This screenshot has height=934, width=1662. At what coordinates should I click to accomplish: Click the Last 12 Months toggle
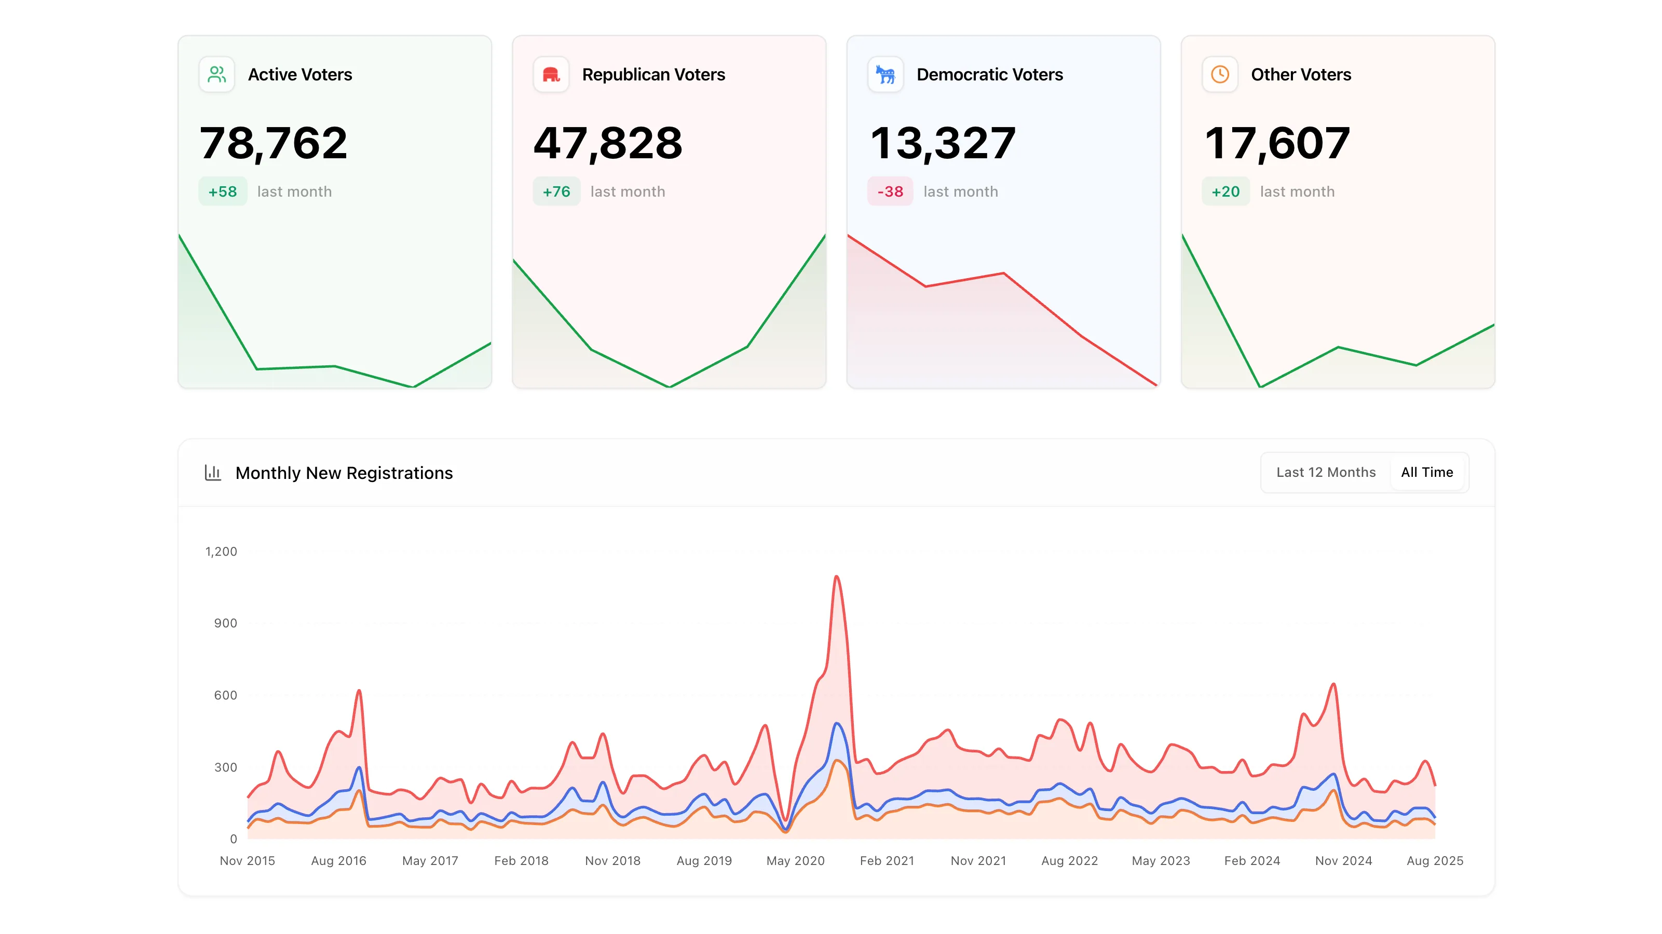click(x=1325, y=472)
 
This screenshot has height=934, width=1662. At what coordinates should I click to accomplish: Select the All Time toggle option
click(x=1426, y=472)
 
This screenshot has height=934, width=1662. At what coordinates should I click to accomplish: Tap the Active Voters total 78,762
click(x=274, y=143)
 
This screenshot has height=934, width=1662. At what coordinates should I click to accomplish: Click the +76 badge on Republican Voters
click(x=556, y=191)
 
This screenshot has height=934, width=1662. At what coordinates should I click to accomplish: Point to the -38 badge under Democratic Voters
click(x=890, y=191)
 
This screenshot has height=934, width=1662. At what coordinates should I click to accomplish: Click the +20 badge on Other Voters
click(x=1225, y=191)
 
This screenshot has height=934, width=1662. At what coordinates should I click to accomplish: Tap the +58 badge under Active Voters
click(x=223, y=191)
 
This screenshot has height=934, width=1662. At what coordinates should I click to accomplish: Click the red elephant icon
click(x=551, y=75)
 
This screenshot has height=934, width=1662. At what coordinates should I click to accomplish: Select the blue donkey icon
click(x=885, y=75)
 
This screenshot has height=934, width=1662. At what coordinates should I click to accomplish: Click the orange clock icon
click(x=1219, y=75)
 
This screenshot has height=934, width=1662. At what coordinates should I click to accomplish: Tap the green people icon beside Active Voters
click(x=217, y=75)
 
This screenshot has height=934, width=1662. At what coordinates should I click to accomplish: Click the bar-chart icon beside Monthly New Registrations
click(x=213, y=473)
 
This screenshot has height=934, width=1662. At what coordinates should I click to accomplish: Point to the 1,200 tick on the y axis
click(x=221, y=552)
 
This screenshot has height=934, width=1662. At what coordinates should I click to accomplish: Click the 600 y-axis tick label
click(x=225, y=695)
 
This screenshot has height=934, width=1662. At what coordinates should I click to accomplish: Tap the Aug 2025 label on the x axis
click(x=1434, y=860)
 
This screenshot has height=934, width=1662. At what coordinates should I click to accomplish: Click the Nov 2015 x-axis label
click(x=247, y=860)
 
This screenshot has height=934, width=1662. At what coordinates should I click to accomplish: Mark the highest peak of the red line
click(x=836, y=576)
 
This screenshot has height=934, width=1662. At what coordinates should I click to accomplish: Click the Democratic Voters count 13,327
click(x=943, y=143)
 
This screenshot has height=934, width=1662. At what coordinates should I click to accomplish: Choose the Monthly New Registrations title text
click(x=344, y=473)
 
